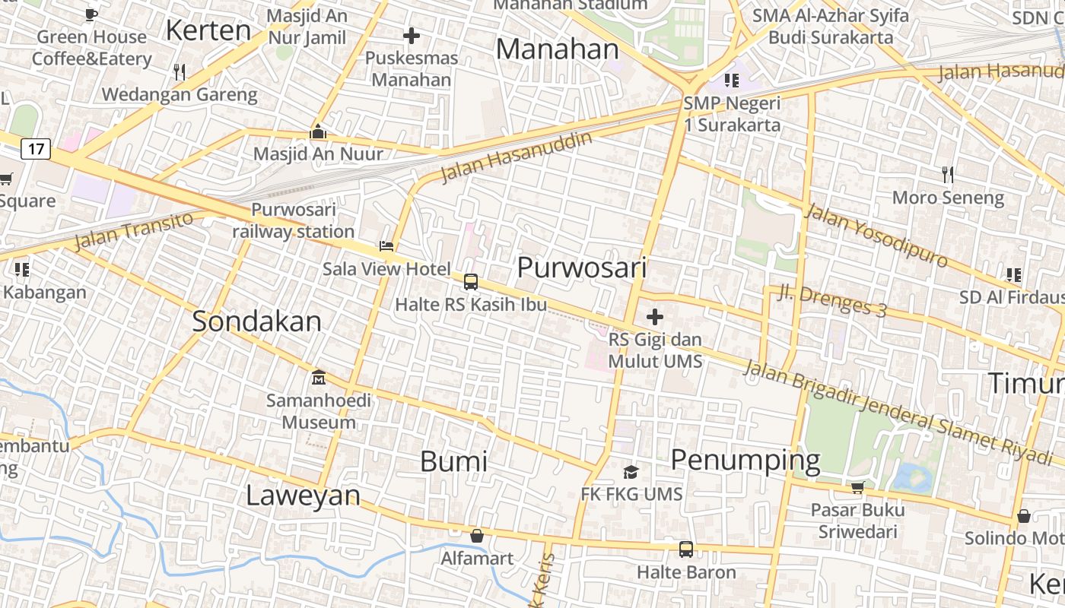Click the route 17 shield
tap(37, 149)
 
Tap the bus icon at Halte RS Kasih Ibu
tap(471, 282)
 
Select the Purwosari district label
tap(582, 268)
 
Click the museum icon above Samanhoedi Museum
tap(319, 377)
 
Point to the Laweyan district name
tap(303, 496)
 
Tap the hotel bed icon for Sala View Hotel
tap(386, 246)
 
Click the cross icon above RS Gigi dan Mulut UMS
tap(654, 317)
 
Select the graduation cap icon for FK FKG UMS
tap(631, 472)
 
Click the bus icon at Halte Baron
tap(686, 549)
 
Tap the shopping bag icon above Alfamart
tap(477, 536)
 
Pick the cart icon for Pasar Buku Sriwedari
tap(857, 487)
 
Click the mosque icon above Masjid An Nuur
tap(318, 131)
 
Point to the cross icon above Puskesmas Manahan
tap(412, 36)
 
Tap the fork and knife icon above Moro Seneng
tap(948, 175)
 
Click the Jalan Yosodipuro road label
tap(876, 235)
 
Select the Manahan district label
tap(558, 49)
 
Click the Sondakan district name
tap(256, 321)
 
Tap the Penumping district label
tap(745, 461)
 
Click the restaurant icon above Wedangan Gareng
tap(180, 72)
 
